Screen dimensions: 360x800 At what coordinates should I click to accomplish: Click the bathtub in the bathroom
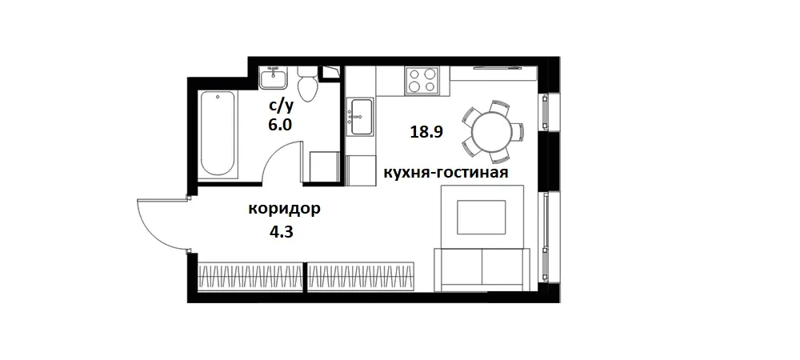(x=218, y=134)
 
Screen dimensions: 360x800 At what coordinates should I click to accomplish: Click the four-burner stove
(x=422, y=81)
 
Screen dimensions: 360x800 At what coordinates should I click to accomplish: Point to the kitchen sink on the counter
(x=361, y=117)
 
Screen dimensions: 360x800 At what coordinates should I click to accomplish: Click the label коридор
(x=285, y=210)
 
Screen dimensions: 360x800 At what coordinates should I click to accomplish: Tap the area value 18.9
(x=426, y=133)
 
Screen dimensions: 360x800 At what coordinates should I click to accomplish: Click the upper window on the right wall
(x=546, y=112)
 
